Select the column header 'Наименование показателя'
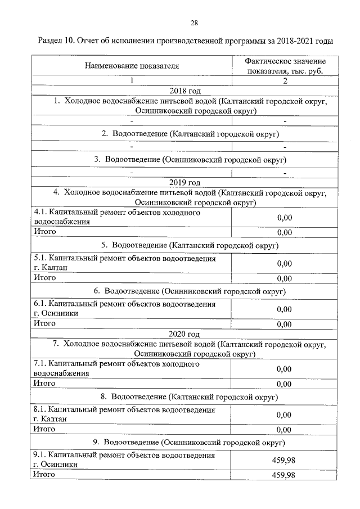132,66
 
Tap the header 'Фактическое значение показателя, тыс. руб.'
285,66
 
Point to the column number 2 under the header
285,81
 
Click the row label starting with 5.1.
124,263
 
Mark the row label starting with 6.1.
124,308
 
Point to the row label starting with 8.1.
124,415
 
